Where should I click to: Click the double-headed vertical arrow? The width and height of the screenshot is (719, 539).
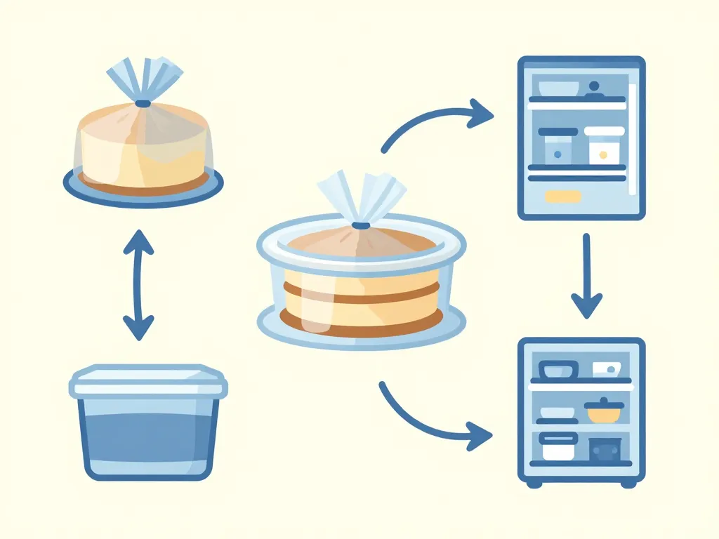(x=138, y=284)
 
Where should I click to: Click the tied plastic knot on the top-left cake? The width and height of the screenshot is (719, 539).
(x=143, y=103)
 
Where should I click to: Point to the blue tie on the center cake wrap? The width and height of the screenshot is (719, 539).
(x=362, y=226)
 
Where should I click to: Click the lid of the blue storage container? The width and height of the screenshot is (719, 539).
(x=148, y=380)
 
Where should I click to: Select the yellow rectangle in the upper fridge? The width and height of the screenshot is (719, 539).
(x=562, y=197)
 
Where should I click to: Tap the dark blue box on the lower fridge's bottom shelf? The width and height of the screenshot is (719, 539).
(x=605, y=448)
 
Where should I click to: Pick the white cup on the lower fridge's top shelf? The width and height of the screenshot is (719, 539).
(x=605, y=369)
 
